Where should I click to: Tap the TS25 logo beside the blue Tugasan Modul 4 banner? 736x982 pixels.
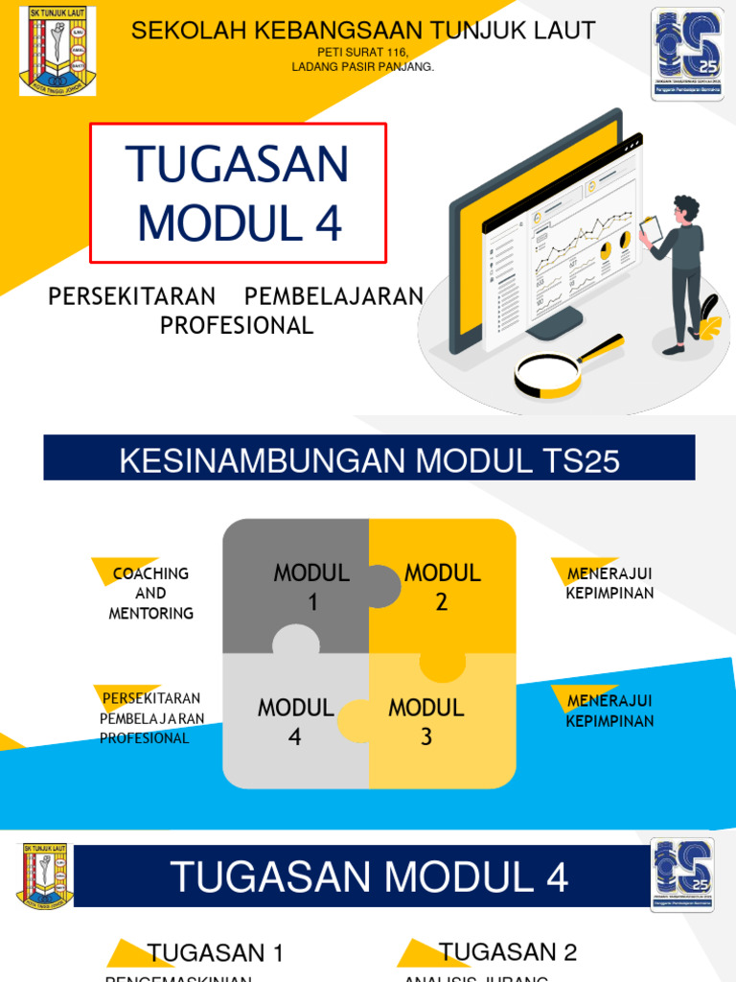681,876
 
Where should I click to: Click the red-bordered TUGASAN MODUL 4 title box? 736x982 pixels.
239,193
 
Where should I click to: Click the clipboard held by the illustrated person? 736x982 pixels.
651,230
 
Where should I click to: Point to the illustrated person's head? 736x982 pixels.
687,210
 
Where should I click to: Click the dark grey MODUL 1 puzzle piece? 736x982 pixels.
297,586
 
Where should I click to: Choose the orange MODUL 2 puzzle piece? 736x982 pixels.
442,586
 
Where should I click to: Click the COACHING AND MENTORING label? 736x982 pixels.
150,594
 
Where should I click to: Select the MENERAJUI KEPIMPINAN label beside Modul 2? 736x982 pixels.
609,583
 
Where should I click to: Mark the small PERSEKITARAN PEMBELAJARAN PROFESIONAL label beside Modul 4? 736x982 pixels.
151,717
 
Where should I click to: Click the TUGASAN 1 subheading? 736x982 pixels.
216,953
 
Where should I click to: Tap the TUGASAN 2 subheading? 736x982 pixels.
508,952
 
